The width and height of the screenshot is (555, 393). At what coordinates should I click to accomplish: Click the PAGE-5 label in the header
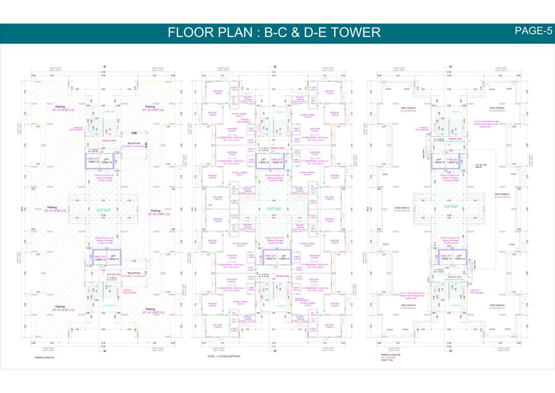pyautogui.click(x=533, y=31)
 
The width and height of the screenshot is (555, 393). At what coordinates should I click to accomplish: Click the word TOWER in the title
pyautogui.click(x=354, y=33)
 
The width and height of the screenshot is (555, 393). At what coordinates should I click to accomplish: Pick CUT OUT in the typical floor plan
pyautogui.click(x=274, y=209)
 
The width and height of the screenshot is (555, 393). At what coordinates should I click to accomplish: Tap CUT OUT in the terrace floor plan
pyautogui.click(x=451, y=207)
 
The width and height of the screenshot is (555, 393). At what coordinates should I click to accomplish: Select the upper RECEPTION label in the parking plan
pyautogui.click(x=133, y=144)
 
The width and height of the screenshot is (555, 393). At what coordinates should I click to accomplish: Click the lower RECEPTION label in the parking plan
pyautogui.click(x=133, y=273)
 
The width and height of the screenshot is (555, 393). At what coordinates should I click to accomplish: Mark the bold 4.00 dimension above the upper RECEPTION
pyautogui.click(x=133, y=133)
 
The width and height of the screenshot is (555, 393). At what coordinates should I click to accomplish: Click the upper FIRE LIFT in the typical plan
pyautogui.click(x=276, y=160)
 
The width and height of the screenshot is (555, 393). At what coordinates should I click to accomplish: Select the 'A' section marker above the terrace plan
pyautogui.click(x=450, y=67)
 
